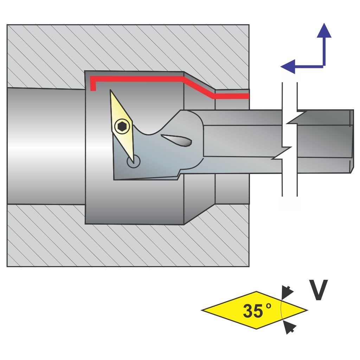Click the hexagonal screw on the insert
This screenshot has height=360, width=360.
tap(122, 126)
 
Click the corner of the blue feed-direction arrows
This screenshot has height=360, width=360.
tap(323, 66)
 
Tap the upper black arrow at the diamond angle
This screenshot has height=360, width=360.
tap(288, 291)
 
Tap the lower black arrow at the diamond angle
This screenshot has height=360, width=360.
tap(289, 328)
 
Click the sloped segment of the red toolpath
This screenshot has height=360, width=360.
tap(199, 88)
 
